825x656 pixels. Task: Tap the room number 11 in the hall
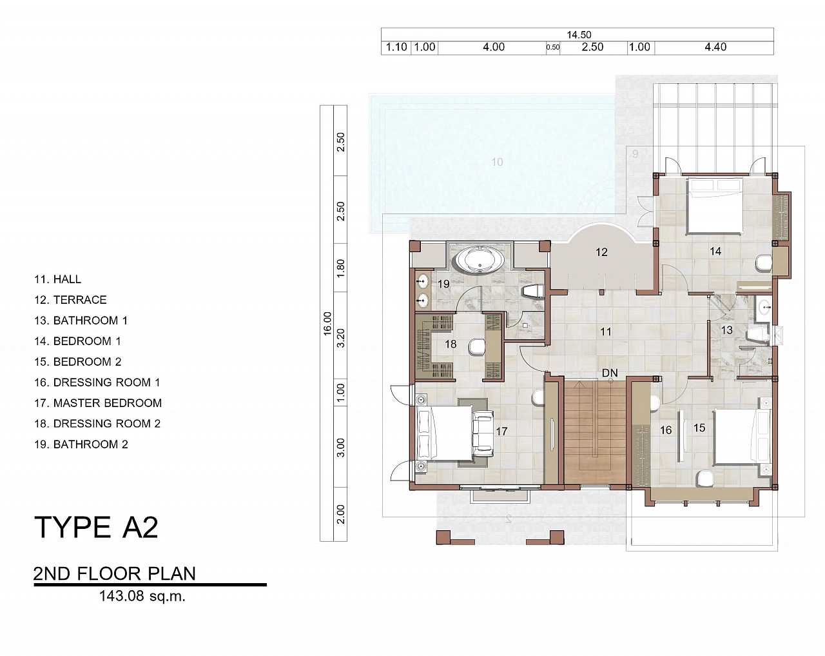coord(605,332)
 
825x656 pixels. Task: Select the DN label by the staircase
coord(610,373)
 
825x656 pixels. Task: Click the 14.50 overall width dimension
coord(579,35)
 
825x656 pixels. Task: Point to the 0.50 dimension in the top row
coord(553,47)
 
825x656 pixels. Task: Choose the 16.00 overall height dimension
coord(327,323)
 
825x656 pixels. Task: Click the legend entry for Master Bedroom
coord(98,403)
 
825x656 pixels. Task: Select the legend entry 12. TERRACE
coord(70,299)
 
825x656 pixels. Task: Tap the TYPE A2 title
coord(96,528)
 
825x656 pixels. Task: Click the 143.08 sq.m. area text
coord(142,596)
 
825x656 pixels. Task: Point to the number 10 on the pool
coord(497,162)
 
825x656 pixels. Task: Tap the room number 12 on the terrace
coord(601,252)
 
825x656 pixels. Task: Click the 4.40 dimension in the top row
coord(715,47)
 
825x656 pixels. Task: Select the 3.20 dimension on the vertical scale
coord(340,338)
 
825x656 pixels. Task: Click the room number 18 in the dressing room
coord(451,344)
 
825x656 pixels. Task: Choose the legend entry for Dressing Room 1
coord(97,382)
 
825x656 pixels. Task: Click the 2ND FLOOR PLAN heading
coord(115,574)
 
